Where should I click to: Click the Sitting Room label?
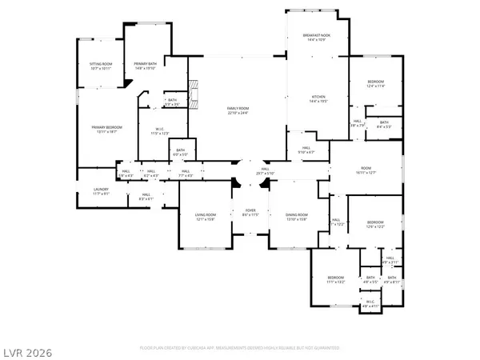point(100,64)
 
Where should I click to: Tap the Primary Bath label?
point(145,64)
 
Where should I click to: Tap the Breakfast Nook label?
point(318,35)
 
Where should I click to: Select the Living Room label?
point(206,214)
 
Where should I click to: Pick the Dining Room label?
point(297,214)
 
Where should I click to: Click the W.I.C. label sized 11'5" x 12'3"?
point(160,130)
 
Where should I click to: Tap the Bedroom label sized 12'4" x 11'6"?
point(375,82)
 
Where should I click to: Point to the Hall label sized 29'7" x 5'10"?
point(265,170)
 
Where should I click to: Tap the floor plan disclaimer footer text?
point(239,349)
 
